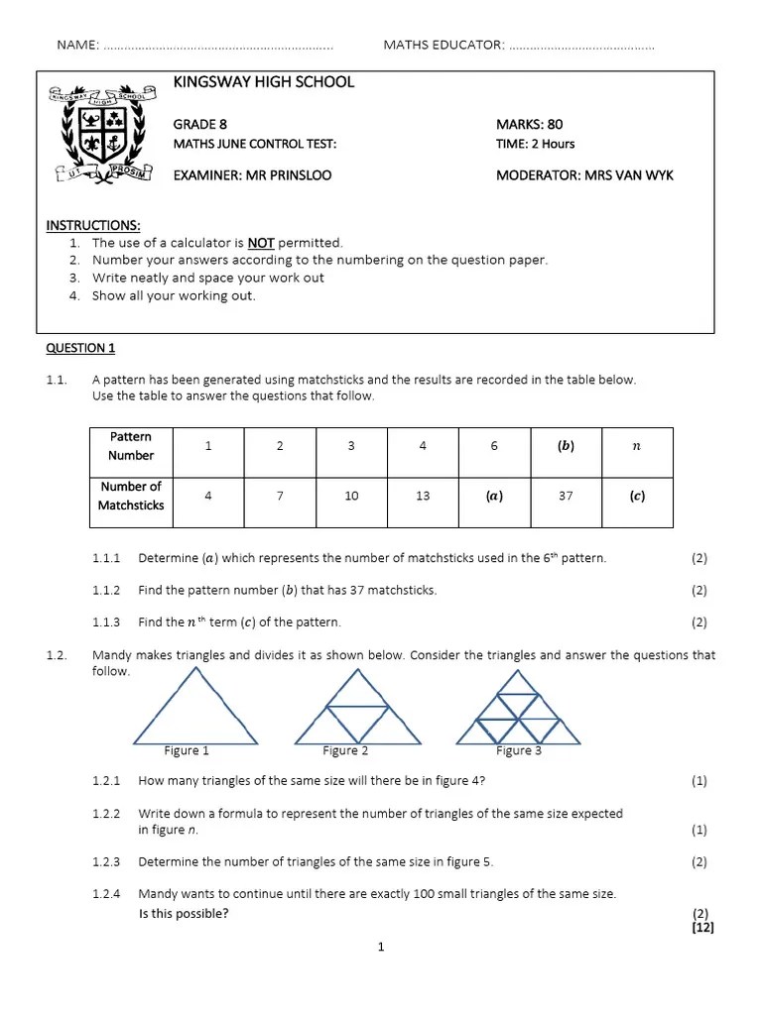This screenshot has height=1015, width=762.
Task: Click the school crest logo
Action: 99,134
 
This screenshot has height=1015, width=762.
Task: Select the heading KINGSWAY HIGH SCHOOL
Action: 263,82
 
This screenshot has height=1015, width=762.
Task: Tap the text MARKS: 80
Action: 529,124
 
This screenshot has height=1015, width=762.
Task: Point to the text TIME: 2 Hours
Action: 535,144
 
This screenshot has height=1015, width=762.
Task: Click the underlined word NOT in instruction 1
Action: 261,243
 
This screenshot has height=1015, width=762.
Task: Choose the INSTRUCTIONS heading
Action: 93,225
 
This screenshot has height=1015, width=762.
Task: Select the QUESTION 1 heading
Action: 81,348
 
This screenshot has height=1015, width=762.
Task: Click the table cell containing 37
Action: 566,496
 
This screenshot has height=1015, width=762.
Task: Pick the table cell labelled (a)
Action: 494,496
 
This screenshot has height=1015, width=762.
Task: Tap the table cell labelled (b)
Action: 566,446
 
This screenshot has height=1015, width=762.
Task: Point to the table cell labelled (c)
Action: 637,496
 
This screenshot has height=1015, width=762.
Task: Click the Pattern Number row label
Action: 131,446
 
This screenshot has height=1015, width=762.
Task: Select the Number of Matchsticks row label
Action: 131,496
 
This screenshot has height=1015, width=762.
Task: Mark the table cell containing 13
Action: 423,496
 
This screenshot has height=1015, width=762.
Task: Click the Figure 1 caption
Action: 187,750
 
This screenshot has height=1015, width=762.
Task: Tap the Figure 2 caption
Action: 345,750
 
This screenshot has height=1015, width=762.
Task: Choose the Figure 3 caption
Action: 519,750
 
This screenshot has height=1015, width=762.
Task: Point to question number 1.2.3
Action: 106,861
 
